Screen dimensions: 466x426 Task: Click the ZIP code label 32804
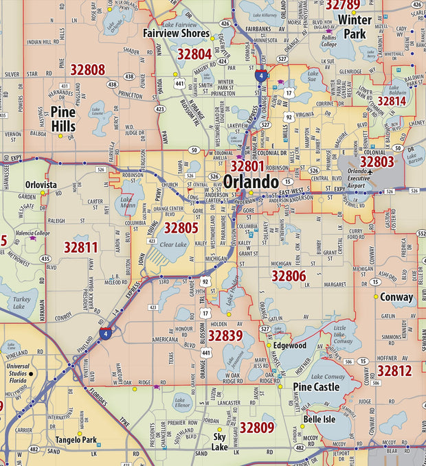[194, 54]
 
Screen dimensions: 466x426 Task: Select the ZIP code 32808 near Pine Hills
[87, 69]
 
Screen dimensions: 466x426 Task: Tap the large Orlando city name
[251, 182]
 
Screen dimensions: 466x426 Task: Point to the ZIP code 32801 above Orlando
[247, 166]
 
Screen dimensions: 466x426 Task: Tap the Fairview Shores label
[177, 33]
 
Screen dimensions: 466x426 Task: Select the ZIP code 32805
[181, 227]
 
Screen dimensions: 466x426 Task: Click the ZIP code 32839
[225, 335]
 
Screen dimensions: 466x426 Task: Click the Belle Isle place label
[319, 419]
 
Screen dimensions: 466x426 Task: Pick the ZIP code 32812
[394, 371]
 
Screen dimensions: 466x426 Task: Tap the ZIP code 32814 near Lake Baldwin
[392, 101]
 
